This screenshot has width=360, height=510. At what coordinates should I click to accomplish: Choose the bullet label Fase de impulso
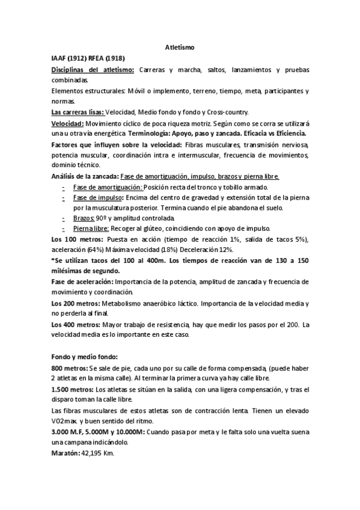pos(97,197)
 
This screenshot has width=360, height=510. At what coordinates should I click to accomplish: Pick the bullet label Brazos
pos(83,218)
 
